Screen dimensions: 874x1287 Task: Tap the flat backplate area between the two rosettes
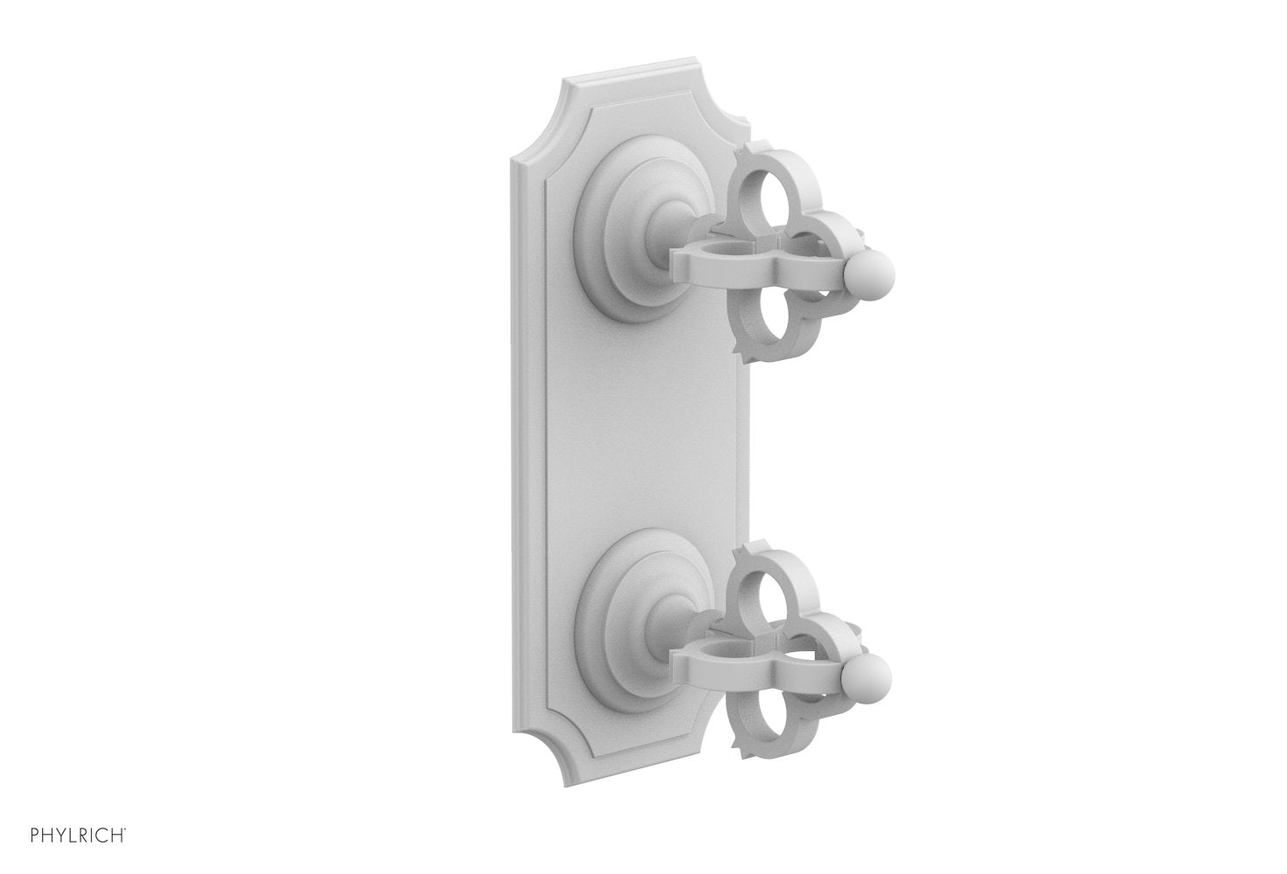pos(647,428)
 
